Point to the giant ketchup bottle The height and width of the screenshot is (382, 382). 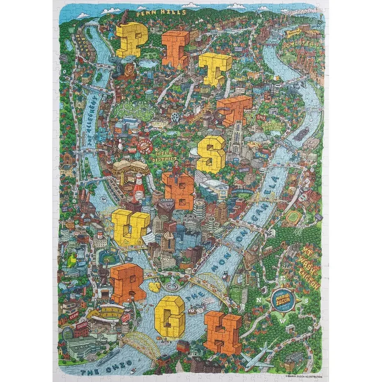click(x=139, y=188)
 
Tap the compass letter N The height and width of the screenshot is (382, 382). click(x=259, y=300)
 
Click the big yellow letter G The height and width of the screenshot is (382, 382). click(x=169, y=316)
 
